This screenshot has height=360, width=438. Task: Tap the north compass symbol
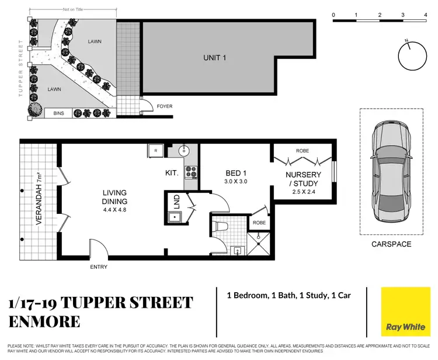pos(411,56)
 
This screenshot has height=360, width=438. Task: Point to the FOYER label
pos(165,106)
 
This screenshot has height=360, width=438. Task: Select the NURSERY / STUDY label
pos(301,179)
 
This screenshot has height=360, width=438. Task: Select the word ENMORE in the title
pos(45,322)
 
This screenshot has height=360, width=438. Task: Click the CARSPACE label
pos(391,244)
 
